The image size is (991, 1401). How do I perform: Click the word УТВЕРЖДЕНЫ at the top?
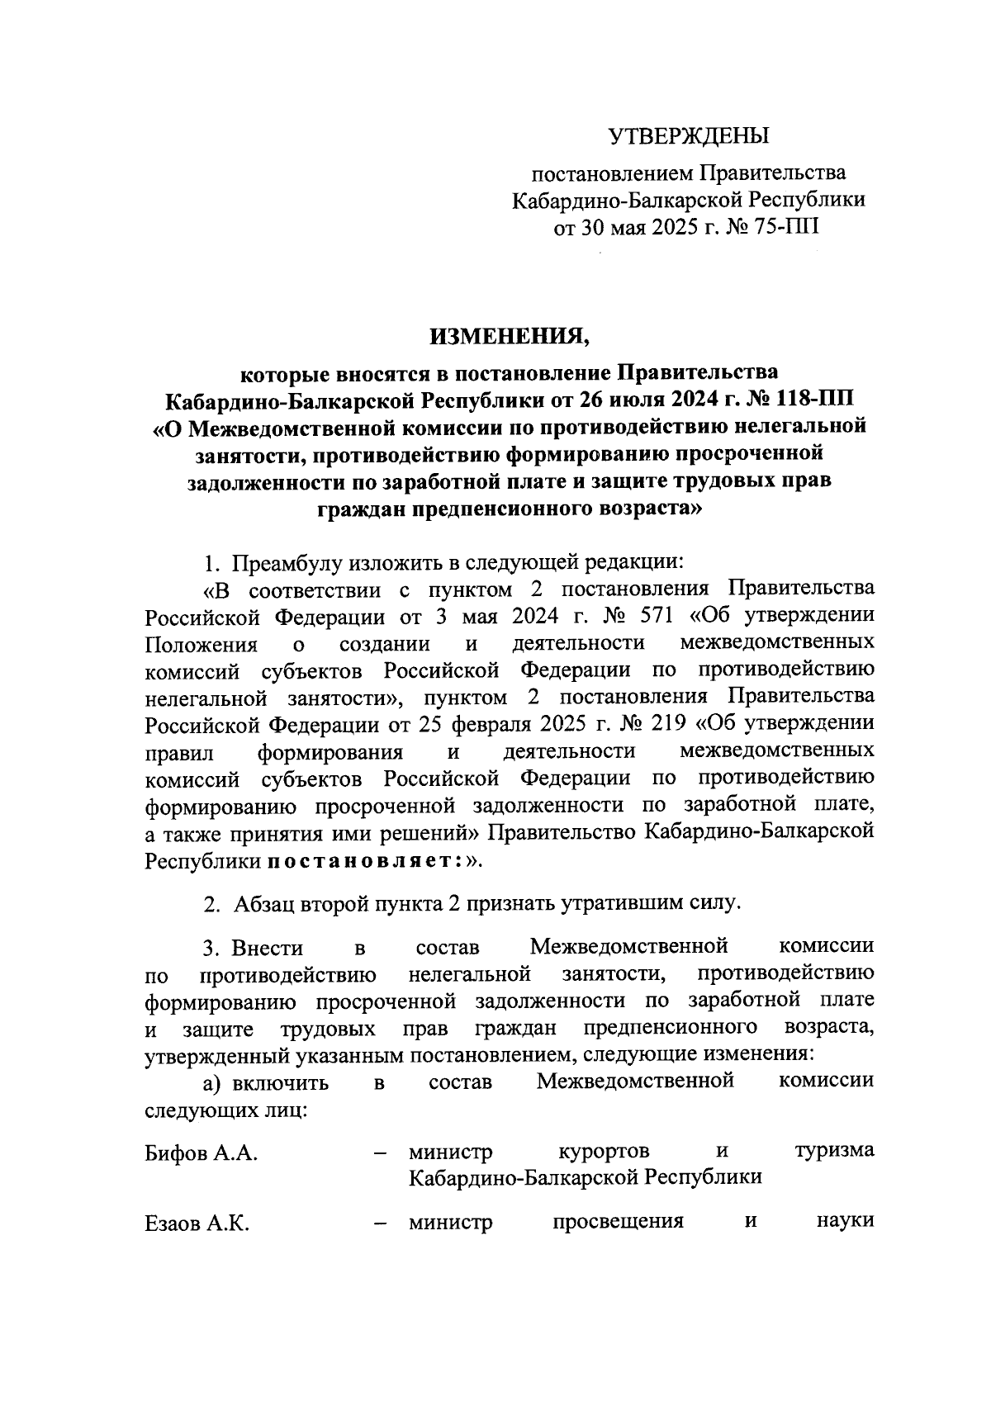[689, 135]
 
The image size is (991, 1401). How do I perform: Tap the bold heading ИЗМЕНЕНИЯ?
[510, 336]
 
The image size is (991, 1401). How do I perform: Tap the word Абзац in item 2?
[261, 903]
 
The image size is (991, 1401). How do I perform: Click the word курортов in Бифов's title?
[603, 1150]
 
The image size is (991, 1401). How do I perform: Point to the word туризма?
[834, 1150]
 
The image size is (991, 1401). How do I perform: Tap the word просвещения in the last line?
[618, 1221]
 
